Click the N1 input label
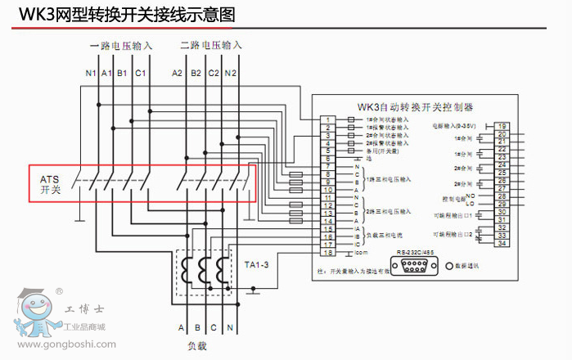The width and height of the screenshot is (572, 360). pos(90,74)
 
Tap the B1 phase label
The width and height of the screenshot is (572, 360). pos(121,74)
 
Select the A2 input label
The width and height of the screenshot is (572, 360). pos(177,74)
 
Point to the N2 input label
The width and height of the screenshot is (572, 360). pos(231,74)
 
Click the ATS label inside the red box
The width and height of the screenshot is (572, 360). pos(49,178)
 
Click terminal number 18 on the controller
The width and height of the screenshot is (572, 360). pos(327,252)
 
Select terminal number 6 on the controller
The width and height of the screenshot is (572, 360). pos(327,158)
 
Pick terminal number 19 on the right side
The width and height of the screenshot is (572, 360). pos(501,126)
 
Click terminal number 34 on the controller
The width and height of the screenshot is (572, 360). pos(501,243)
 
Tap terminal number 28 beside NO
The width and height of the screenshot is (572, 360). pos(501,196)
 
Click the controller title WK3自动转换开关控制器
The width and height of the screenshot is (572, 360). pos(415,106)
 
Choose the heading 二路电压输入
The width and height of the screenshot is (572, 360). pos(210,45)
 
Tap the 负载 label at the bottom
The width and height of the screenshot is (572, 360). pos(197,346)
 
